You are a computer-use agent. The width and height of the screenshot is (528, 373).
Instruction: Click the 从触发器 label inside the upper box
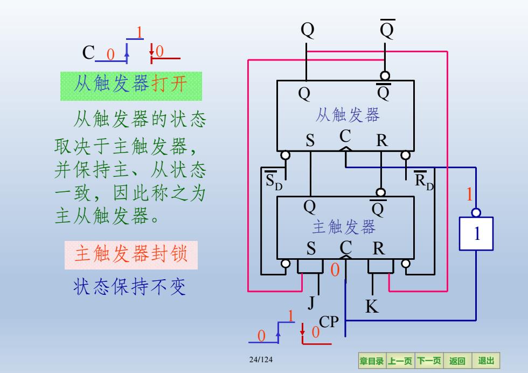coord(348,115)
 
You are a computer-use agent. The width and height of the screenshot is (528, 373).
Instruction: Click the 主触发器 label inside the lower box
coord(344,227)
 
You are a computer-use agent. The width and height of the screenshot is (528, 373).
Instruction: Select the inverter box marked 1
coord(476,233)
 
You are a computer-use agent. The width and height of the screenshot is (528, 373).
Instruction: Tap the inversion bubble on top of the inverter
coord(476,212)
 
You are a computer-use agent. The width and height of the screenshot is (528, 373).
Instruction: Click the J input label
coord(311,302)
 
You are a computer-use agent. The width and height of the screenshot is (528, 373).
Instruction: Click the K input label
coord(372,307)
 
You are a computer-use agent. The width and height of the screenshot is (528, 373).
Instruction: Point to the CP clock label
coord(329,322)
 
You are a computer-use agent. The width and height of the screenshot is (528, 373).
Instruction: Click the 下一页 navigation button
coord(429,361)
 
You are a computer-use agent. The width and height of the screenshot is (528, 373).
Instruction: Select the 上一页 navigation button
coord(400,361)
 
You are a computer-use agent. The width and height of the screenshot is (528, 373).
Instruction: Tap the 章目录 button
coord(372,361)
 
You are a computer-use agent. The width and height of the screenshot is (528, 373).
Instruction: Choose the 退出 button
coord(486,361)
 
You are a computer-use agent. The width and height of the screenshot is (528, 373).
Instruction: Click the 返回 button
coord(457,361)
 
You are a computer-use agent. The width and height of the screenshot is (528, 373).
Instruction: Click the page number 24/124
coord(261,360)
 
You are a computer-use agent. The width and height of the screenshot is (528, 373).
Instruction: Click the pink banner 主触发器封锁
coord(131,255)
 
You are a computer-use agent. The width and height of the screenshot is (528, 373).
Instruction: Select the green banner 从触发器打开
coord(131,86)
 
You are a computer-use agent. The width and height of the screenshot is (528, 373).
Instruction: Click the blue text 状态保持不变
coord(130,287)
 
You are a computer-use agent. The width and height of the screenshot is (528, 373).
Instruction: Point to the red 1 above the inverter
coord(469,194)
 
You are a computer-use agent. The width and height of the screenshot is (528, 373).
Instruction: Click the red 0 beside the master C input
coord(335,270)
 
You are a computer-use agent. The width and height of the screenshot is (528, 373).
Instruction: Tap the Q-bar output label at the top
coord(387,29)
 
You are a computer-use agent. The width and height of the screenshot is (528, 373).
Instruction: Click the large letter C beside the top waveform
coord(88,53)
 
